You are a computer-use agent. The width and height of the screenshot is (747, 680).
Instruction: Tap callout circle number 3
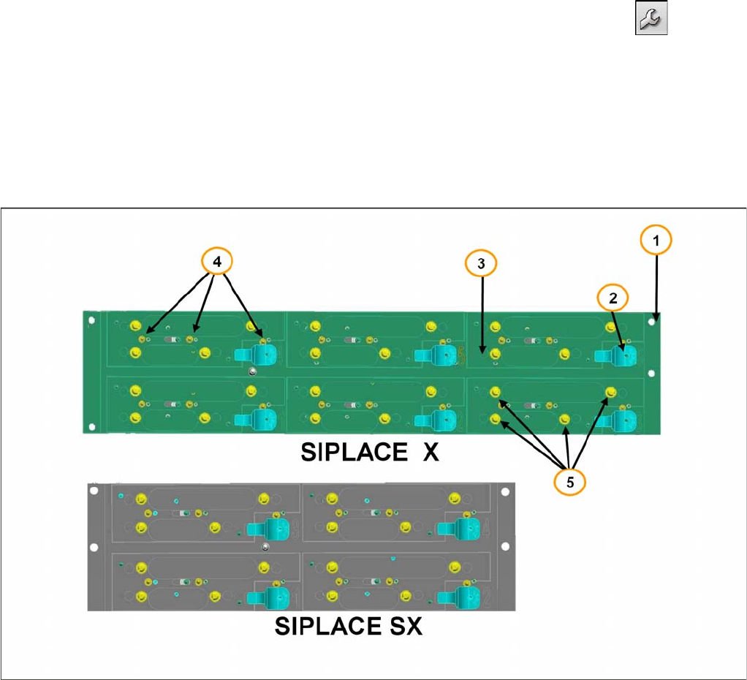point(481,265)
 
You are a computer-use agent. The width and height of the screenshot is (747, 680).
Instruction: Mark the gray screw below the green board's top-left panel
point(252,371)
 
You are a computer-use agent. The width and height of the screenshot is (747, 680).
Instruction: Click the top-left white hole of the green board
point(91,320)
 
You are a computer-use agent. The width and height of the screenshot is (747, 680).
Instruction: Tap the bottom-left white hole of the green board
point(91,425)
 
